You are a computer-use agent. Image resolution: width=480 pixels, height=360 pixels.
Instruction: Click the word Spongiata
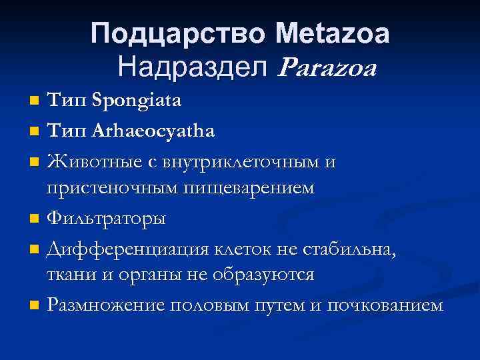coord(139,101)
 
